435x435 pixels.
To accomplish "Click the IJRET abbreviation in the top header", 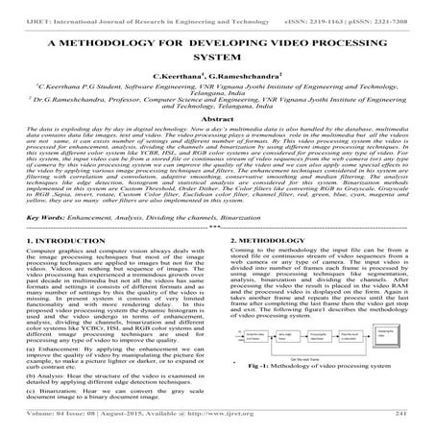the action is (x=17, y=8).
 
